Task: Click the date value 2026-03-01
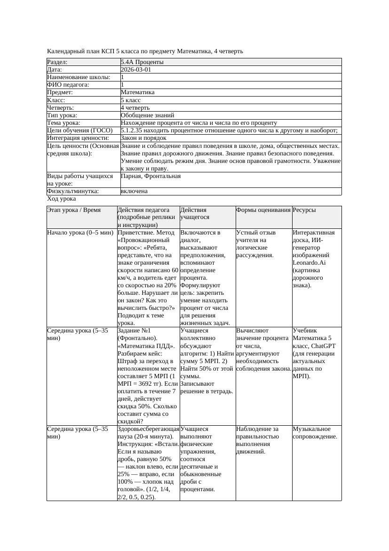pos(136,70)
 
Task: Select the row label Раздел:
pos(57,62)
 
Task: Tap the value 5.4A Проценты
pos(142,62)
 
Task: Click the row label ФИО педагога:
pos(68,85)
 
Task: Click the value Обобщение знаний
pos(147,115)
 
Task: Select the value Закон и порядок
pos(143,138)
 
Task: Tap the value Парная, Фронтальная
pos(151,176)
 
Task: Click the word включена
pos(134,192)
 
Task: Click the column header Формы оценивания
pos(263,210)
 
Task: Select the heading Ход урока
pos(61,199)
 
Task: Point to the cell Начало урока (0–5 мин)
pos(80,233)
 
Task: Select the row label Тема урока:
pos(65,123)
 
